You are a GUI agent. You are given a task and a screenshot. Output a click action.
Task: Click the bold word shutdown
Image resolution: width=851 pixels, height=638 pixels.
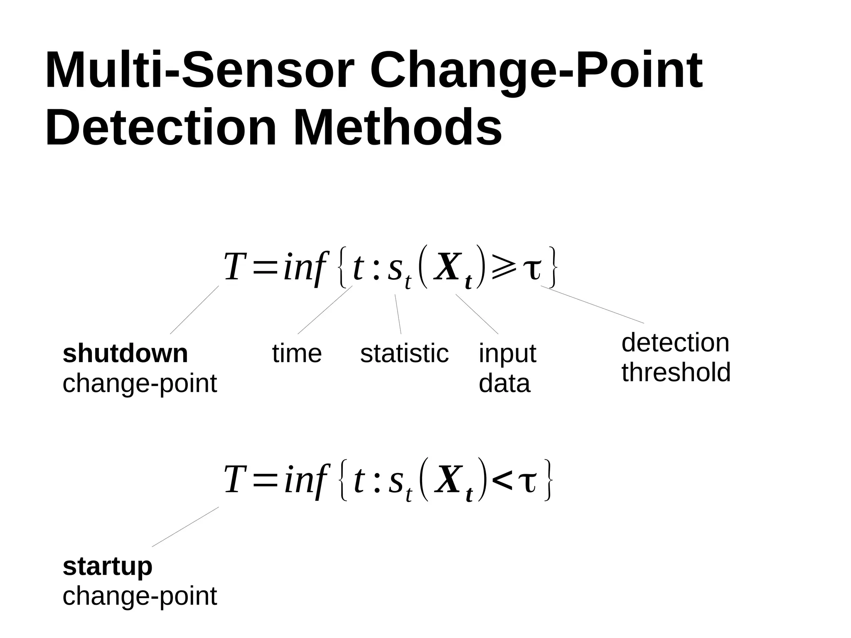[125, 353]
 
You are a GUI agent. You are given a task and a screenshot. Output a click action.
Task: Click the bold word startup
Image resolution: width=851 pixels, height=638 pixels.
[108, 566]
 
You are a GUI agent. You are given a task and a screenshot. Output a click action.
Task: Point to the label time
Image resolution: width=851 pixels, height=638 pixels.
[297, 354]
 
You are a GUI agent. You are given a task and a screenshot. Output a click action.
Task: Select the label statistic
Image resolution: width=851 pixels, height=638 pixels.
[404, 354]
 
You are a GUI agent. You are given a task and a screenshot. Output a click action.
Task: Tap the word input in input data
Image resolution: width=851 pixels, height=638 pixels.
[507, 354]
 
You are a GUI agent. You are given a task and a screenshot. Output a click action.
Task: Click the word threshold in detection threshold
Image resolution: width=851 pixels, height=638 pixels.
[676, 372]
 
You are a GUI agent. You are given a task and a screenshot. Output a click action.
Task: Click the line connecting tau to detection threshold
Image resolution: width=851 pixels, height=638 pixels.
[592, 304]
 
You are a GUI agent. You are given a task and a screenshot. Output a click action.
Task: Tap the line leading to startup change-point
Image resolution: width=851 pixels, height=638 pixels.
[185, 527]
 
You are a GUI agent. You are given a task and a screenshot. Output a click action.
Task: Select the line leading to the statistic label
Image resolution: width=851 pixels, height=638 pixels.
[398, 314]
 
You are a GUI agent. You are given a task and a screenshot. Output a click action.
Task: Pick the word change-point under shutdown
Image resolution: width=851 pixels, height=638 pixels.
[140, 383]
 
